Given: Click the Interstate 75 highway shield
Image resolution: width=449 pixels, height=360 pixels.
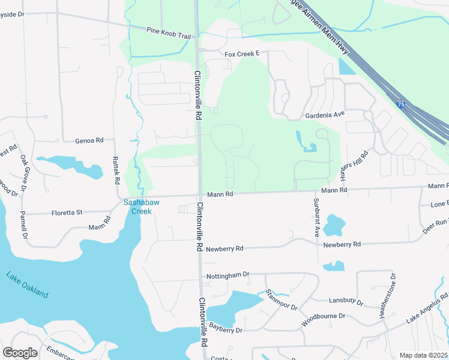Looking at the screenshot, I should (x=401, y=104).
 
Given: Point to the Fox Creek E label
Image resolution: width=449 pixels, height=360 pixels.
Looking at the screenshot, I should (x=241, y=54).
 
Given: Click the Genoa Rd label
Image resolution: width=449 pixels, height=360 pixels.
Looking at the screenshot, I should (x=89, y=140).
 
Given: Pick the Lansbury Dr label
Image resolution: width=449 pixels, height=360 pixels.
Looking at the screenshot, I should (x=346, y=301).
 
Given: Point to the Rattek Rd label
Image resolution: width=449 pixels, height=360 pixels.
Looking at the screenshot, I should (x=116, y=170).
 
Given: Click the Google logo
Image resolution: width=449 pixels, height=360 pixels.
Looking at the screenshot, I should (x=20, y=353).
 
